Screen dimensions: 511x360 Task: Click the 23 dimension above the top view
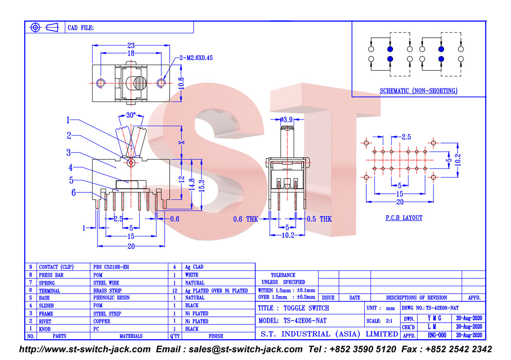[x=131, y=45]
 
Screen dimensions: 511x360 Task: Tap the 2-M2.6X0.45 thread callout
[x=196, y=58]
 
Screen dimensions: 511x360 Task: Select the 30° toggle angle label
[x=131, y=115]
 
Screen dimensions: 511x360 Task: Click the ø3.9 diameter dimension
[x=286, y=119]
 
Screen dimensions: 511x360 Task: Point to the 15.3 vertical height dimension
[x=202, y=186]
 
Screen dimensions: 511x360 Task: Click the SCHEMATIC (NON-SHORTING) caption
[x=419, y=91]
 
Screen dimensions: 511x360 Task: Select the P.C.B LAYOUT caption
[x=404, y=218]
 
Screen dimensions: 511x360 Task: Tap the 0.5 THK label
[x=319, y=219]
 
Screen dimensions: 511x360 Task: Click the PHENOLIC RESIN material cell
[x=111, y=298]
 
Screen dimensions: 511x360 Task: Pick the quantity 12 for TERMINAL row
[x=175, y=291]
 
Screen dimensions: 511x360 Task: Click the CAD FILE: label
[x=81, y=28]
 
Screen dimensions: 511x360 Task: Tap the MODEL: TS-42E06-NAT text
[x=292, y=321]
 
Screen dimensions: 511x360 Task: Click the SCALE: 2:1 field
[x=380, y=321]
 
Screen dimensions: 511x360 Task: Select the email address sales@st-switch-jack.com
[x=246, y=349]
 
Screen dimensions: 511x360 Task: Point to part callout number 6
[x=73, y=192]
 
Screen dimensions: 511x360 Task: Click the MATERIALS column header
[x=131, y=336]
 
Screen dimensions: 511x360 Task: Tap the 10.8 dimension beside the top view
[x=181, y=83]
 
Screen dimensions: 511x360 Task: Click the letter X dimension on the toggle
[x=182, y=143]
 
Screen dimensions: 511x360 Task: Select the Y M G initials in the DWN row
[x=434, y=318]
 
